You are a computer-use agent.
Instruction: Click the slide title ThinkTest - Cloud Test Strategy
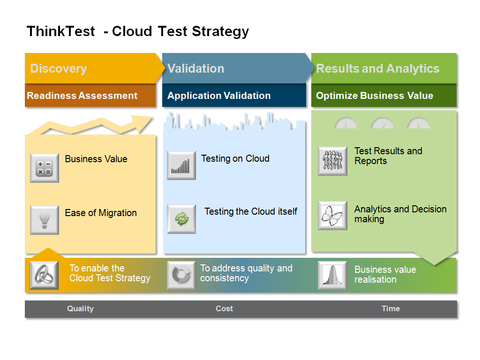click(137, 31)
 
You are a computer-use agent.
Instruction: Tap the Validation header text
click(195, 68)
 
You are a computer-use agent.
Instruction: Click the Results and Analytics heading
click(378, 68)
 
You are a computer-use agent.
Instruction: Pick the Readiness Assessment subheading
click(82, 96)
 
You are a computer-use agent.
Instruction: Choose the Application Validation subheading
click(219, 96)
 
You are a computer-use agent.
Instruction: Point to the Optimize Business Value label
click(375, 96)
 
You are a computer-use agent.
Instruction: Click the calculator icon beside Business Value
click(45, 168)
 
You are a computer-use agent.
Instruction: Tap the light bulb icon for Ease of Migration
click(45, 220)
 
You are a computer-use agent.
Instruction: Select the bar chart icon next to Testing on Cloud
click(181, 165)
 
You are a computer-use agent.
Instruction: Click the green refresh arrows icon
click(181, 219)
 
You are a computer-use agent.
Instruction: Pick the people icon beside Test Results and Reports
click(332, 161)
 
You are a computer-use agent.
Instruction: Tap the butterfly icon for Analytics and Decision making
click(332, 216)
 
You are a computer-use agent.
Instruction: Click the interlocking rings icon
click(44, 275)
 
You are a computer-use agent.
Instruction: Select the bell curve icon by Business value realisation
click(332, 275)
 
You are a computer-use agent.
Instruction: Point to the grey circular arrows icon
click(181, 275)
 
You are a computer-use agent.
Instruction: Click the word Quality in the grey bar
click(80, 308)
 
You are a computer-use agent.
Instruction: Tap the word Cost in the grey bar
click(224, 308)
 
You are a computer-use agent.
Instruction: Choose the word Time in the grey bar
click(390, 308)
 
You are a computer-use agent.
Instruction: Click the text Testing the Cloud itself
click(251, 211)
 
